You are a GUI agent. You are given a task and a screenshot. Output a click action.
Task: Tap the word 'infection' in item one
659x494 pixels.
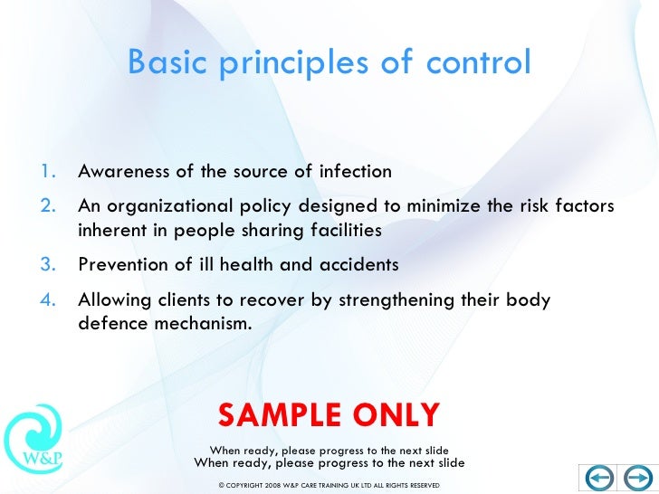coord(354,172)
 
